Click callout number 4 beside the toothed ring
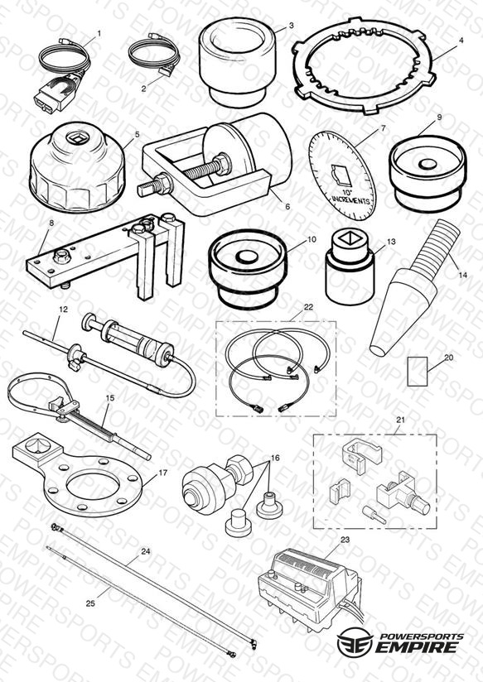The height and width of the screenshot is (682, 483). [x=461, y=41]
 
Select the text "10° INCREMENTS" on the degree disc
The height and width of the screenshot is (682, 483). [x=350, y=196]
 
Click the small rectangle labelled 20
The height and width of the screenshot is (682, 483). [x=417, y=371]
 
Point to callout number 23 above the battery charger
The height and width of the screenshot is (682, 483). [x=345, y=540]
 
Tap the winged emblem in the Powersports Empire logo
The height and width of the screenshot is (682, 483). [x=355, y=641]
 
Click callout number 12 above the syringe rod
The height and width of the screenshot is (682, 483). [x=63, y=310]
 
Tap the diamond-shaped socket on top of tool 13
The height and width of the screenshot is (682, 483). [x=349, y=238]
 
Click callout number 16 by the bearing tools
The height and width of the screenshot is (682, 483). [x=275, y=458]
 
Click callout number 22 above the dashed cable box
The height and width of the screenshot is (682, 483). [x=308, y=307]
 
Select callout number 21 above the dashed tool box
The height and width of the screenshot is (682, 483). [x=401, y=420]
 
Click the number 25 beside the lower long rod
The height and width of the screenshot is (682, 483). [x=90, y=603]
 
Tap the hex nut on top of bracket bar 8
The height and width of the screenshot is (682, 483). [x=61, y=257]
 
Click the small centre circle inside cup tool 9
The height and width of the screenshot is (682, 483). [x=427, y=164]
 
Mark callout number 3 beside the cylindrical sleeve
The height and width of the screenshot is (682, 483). [x=292, y=26]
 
